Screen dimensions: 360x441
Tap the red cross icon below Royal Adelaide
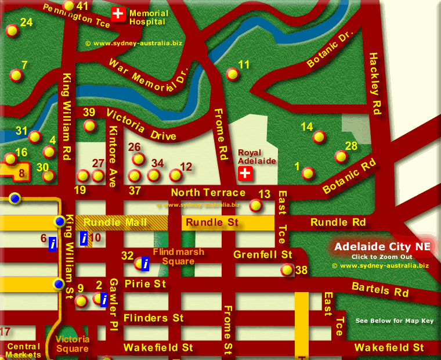tap(245, 173)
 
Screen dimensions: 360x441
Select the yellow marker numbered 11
tap(232, 74)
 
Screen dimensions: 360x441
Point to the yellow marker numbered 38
tap(287, 269)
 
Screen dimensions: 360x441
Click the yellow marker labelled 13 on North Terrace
tap(255, 204)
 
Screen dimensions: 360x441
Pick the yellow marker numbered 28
tap(341, 156)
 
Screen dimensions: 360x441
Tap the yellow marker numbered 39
tap(89, 125)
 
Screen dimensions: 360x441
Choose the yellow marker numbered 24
tap(11, 31)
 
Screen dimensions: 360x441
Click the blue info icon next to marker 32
tap(146, 264)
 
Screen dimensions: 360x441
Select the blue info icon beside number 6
tap(53, 244)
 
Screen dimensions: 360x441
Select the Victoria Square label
tap(73, 344)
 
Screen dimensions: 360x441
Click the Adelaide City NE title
tap(382, 247)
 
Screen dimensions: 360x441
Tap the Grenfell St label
tap(262, 255)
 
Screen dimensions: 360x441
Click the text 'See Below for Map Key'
tap(394, 321)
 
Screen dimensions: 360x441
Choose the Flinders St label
tap(153, 318)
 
